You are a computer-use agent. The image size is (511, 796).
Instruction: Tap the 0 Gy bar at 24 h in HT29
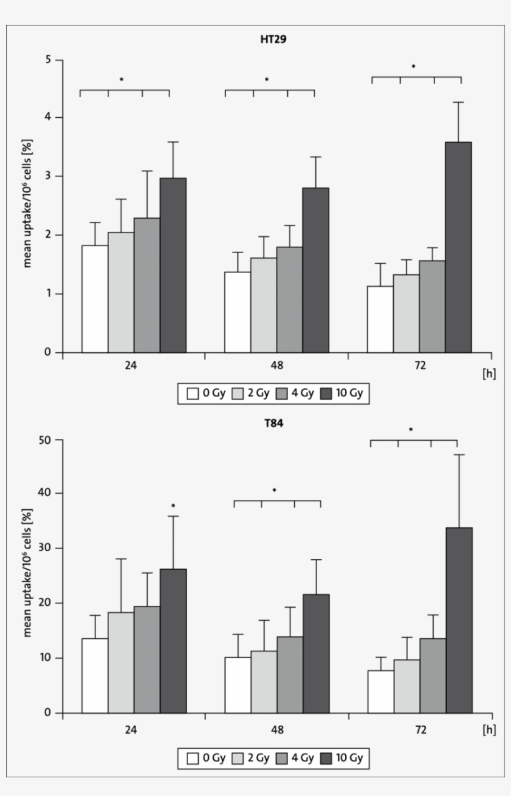[95, 299]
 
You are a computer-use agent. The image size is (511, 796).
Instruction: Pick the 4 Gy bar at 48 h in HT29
[290, 300]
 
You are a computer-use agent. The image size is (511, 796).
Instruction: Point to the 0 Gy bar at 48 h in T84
[237, 685]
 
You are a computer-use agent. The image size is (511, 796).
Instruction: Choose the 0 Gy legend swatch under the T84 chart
[193, 759]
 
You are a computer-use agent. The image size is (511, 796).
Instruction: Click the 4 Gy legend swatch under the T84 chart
[281, 759]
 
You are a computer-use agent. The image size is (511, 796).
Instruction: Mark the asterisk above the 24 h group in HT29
[122, 80]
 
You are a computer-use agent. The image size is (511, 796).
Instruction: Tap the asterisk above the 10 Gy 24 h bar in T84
[173, 506]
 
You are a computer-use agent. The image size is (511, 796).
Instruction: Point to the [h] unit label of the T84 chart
[489, 730]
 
